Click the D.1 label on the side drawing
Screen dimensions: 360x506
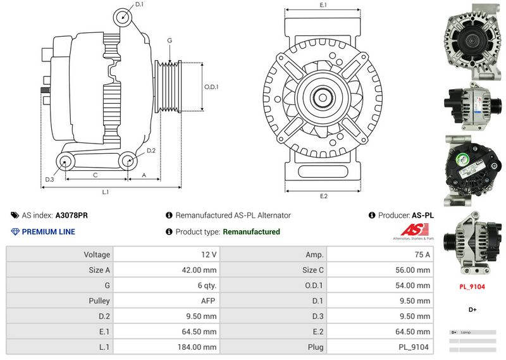(x=139, y=4)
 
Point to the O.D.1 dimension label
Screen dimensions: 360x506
(x=211, y=87)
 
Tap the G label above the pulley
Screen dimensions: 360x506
(x=170, y=40)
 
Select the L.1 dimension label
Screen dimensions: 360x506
(x=106, y=191)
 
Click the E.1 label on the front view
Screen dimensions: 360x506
(x=323, y=5)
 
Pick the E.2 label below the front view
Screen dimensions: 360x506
(x=324, y=196)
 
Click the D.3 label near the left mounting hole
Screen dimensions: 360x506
(x=49, y=180)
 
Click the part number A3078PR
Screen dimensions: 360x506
(x=71, y=215)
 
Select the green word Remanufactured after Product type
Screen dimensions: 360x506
(x=251, y=232)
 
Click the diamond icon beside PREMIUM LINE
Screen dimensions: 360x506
(x=15, y=232)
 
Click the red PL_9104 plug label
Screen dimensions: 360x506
(x=472, y=286)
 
